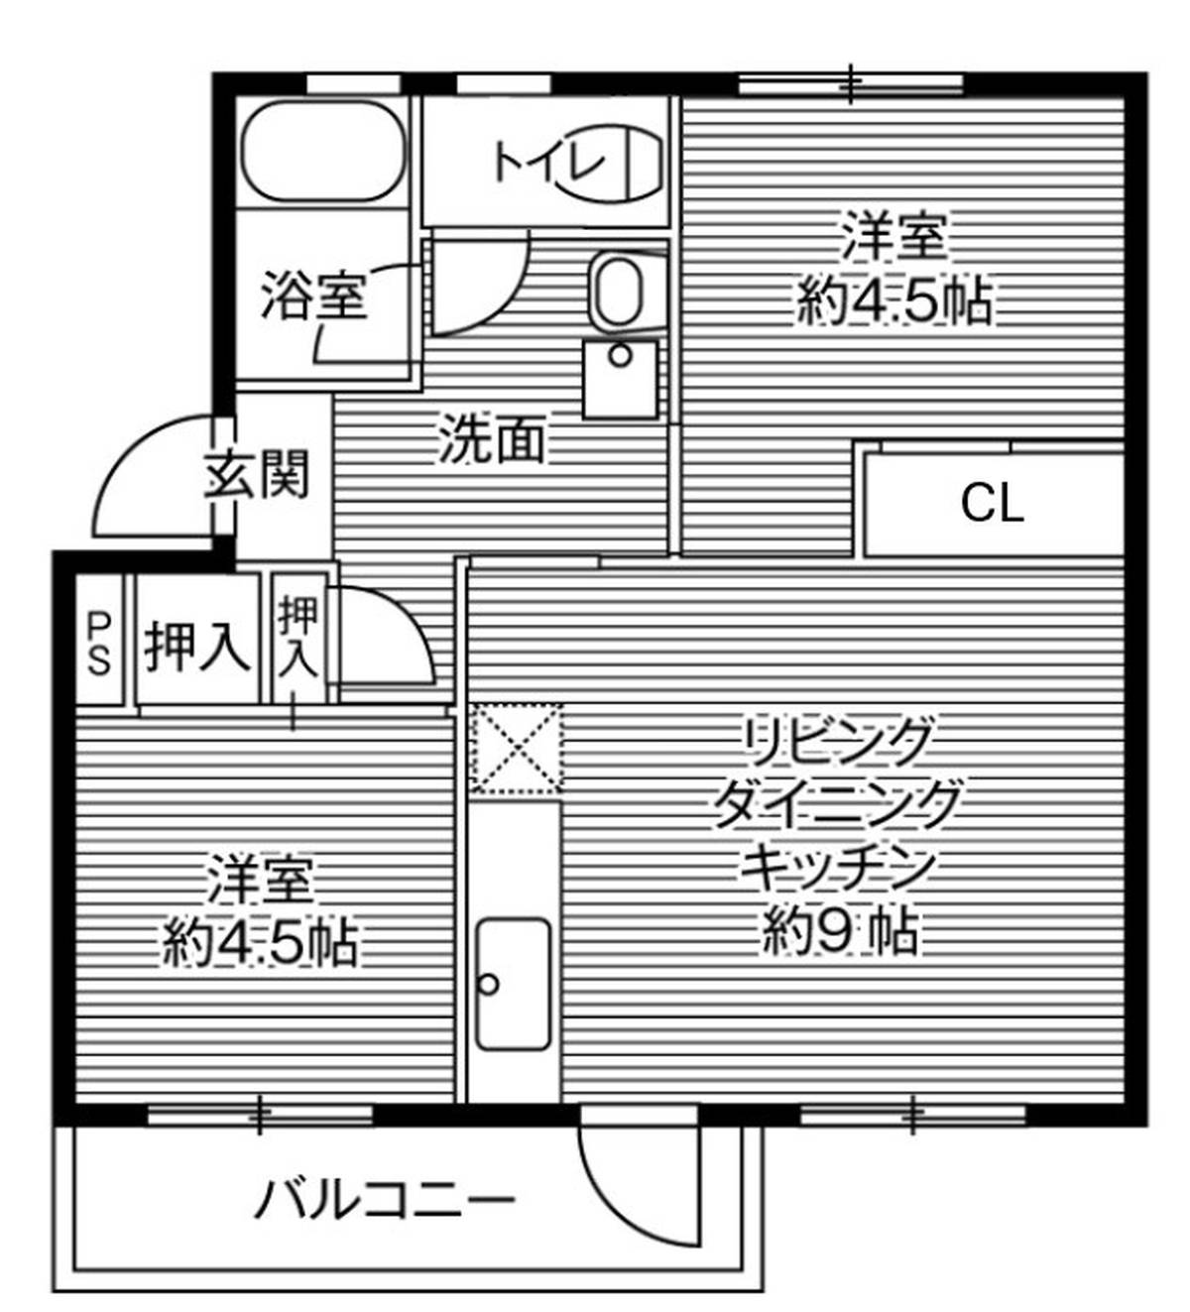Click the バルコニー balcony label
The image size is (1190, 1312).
(385, 1200)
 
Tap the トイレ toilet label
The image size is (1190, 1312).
(548, 163)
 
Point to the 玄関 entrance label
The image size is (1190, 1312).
(256, 475)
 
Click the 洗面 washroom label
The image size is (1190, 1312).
(491, 439)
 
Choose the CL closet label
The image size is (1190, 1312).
(992, 505)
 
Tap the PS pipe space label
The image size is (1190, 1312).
(99, 644)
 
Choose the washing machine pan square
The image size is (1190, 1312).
(620, 380)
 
